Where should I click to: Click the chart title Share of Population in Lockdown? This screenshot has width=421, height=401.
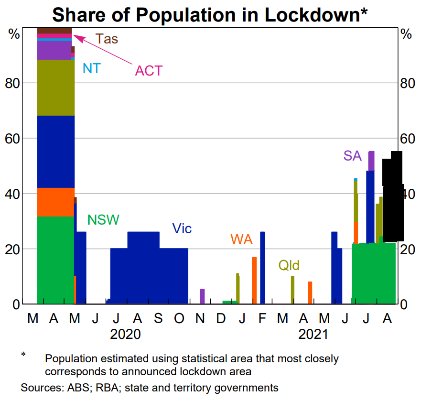point(210,14)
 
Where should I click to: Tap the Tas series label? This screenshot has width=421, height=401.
point(107,39)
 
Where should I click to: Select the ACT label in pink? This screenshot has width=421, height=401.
point(149,71)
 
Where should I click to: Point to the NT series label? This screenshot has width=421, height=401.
point(91,68)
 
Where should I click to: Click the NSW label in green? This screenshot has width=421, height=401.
point(103,220)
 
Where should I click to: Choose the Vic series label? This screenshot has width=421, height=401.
point(182,228)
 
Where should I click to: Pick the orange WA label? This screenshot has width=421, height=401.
point(241,239)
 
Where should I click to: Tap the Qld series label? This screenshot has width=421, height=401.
point(289,266)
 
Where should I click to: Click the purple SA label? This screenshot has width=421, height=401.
point(352,156)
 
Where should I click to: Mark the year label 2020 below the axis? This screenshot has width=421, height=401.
point(125,334)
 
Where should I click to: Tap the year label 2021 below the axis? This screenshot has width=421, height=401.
point(313,334)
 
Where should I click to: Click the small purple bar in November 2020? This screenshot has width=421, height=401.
point(202,296)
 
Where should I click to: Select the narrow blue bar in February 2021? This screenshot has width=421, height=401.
point(262,268)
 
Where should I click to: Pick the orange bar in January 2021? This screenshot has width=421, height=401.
point(254,280)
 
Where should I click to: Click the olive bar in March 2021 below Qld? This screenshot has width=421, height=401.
point(292,290)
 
